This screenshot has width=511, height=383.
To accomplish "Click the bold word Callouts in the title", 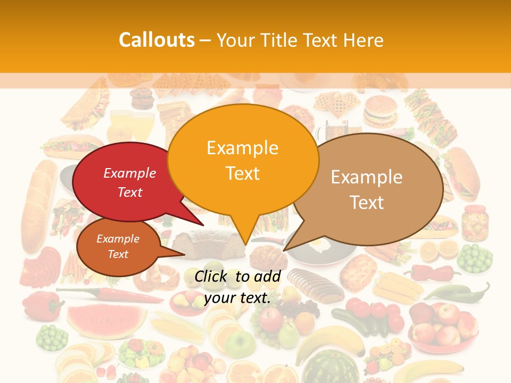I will tap(156, 40).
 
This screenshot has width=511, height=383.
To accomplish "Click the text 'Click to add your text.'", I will tap(237, 287).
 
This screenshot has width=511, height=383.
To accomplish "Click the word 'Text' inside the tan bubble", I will tap(367, 203).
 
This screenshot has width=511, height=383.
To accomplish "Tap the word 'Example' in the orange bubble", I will tap(242, 147).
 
